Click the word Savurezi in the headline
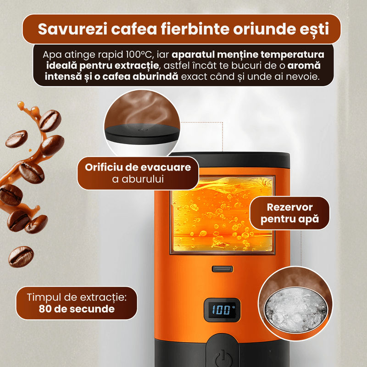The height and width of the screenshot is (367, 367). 72,29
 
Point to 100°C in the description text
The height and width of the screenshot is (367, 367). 139,55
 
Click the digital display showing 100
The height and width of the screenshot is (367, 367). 222,310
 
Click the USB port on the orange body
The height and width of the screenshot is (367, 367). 222,269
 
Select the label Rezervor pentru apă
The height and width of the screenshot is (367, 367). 289,213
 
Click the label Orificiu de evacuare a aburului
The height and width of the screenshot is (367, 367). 138,173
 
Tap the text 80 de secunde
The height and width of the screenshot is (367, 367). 77,309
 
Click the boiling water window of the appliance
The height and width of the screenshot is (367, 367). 222,214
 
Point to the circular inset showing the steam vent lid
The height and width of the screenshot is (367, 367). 142,123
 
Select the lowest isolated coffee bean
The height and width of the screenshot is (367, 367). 21,256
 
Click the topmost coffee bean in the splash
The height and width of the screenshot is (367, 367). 50,121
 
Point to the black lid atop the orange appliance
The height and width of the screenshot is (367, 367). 231,160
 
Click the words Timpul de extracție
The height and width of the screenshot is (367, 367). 77,297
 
